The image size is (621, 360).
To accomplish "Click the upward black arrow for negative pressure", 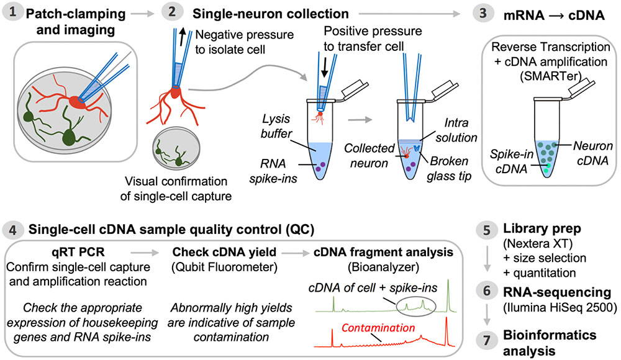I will [182, 39].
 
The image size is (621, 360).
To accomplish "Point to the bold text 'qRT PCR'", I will [73, 253].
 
